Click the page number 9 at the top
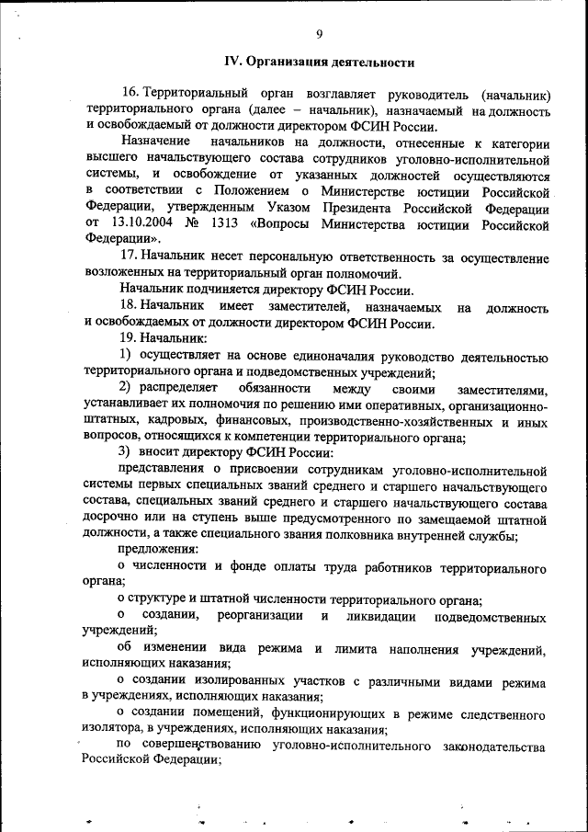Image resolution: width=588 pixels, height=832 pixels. (x=318, y=34)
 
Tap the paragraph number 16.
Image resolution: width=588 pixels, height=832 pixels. (x=130, y=95)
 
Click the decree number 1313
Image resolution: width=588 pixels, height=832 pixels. (x=226, y=222)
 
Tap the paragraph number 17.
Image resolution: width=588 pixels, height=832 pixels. (x=130, y=256)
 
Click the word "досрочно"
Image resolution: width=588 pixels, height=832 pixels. (x=113, y=518)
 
